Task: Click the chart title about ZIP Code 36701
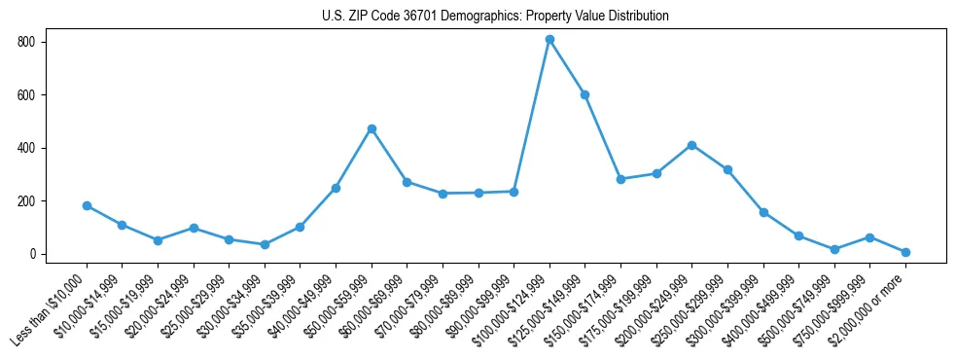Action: pyautogui.click(x=495, y=17)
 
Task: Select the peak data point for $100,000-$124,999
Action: pyautogui.click(x=549, y=40)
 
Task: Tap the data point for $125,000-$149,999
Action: pyautogui.click(x=585, y=94)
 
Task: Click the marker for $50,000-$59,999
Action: pyautogui.click(x=372, y=128)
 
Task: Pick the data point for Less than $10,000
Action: pyautogui.click(x=87, y=205)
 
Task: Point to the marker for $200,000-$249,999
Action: pyautogui.click(x=691, y=145)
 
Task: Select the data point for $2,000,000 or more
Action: pyautogui.click(x=905, y=252)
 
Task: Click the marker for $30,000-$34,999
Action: pyautogui.click(x=265, y=244)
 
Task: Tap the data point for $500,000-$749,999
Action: pyautogui.click(x=834, y=249)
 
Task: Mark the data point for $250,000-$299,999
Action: pyautogui.click(x=727, y=169)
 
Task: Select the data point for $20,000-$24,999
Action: pyautogui.click(x=194, y=228)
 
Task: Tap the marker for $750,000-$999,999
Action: pyautogui.click(x=869, y=237)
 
